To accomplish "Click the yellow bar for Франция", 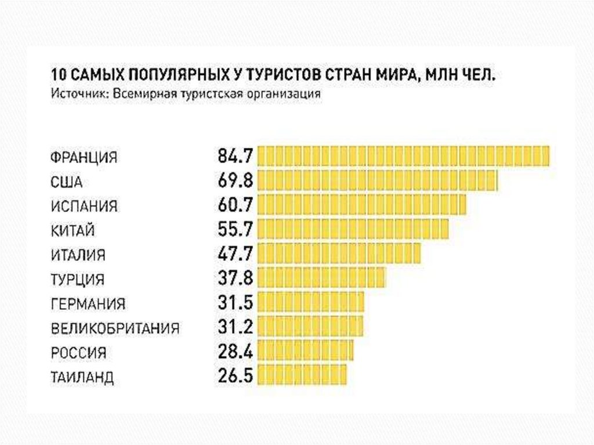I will pos(403,156).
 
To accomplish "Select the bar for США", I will pos(377,180).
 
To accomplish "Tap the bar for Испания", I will pos(361,205).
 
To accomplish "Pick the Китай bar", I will pos(353,230).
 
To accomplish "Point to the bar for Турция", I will pos(321,278).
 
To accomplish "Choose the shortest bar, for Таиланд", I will pos(302,375).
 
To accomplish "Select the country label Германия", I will pos(88,303).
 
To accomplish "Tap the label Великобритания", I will pos(115,328).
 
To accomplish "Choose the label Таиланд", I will pos(82,378).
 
